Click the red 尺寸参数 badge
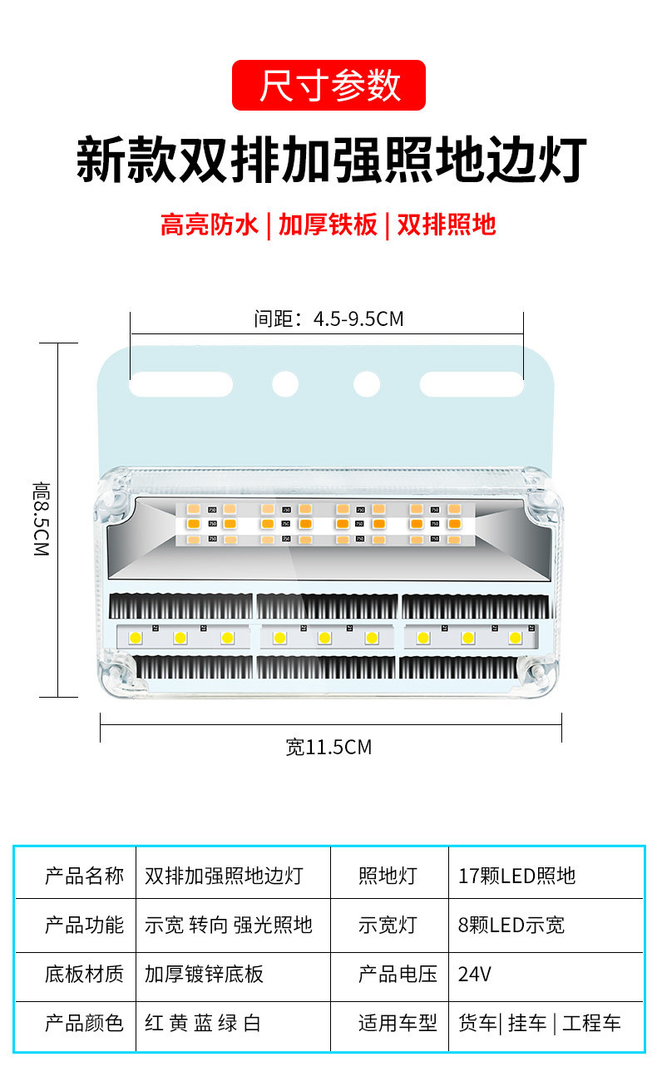click(328, 86)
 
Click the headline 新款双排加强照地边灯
click(331, 161)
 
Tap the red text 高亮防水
click(210, 225)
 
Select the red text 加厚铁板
click(328, 225)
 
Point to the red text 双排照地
click(447, 225)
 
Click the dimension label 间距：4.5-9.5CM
click(328, 318)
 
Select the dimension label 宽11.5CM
click(328, 747)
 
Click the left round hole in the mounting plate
click(285, 384)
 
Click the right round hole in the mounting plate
click(367, 384)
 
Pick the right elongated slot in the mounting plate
click(471, 384)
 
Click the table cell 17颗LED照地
click(516, 876)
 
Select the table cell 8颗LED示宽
click(511, 925)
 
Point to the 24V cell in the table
click(475, 974)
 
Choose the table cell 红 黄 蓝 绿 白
click(203, 1023)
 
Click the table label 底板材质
click(84, 974)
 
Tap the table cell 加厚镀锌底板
click(204, 974)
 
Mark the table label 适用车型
click(398, 1023)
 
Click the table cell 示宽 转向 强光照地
click(229, 925)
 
